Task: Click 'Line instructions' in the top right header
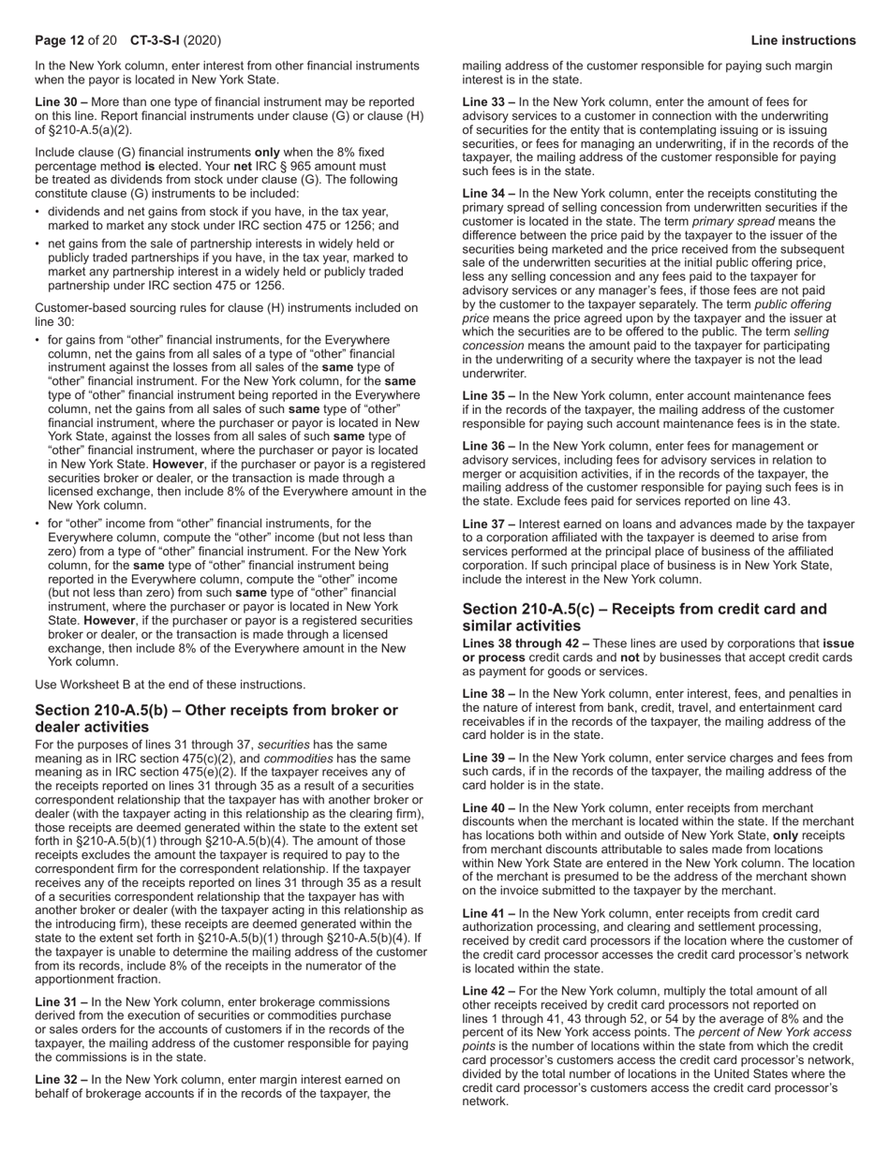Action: [803, 40]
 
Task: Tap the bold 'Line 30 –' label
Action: [61, 101]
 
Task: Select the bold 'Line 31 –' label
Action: [61, 1002]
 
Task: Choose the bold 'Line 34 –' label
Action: [488, 194]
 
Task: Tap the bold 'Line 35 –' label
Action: [488, 396]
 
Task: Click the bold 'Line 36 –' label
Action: [488, 447]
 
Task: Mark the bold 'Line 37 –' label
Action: [488, 524]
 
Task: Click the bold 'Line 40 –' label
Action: [488, 807]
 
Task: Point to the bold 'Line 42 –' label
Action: [488, 991]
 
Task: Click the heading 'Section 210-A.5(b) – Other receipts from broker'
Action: [215, 710]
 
